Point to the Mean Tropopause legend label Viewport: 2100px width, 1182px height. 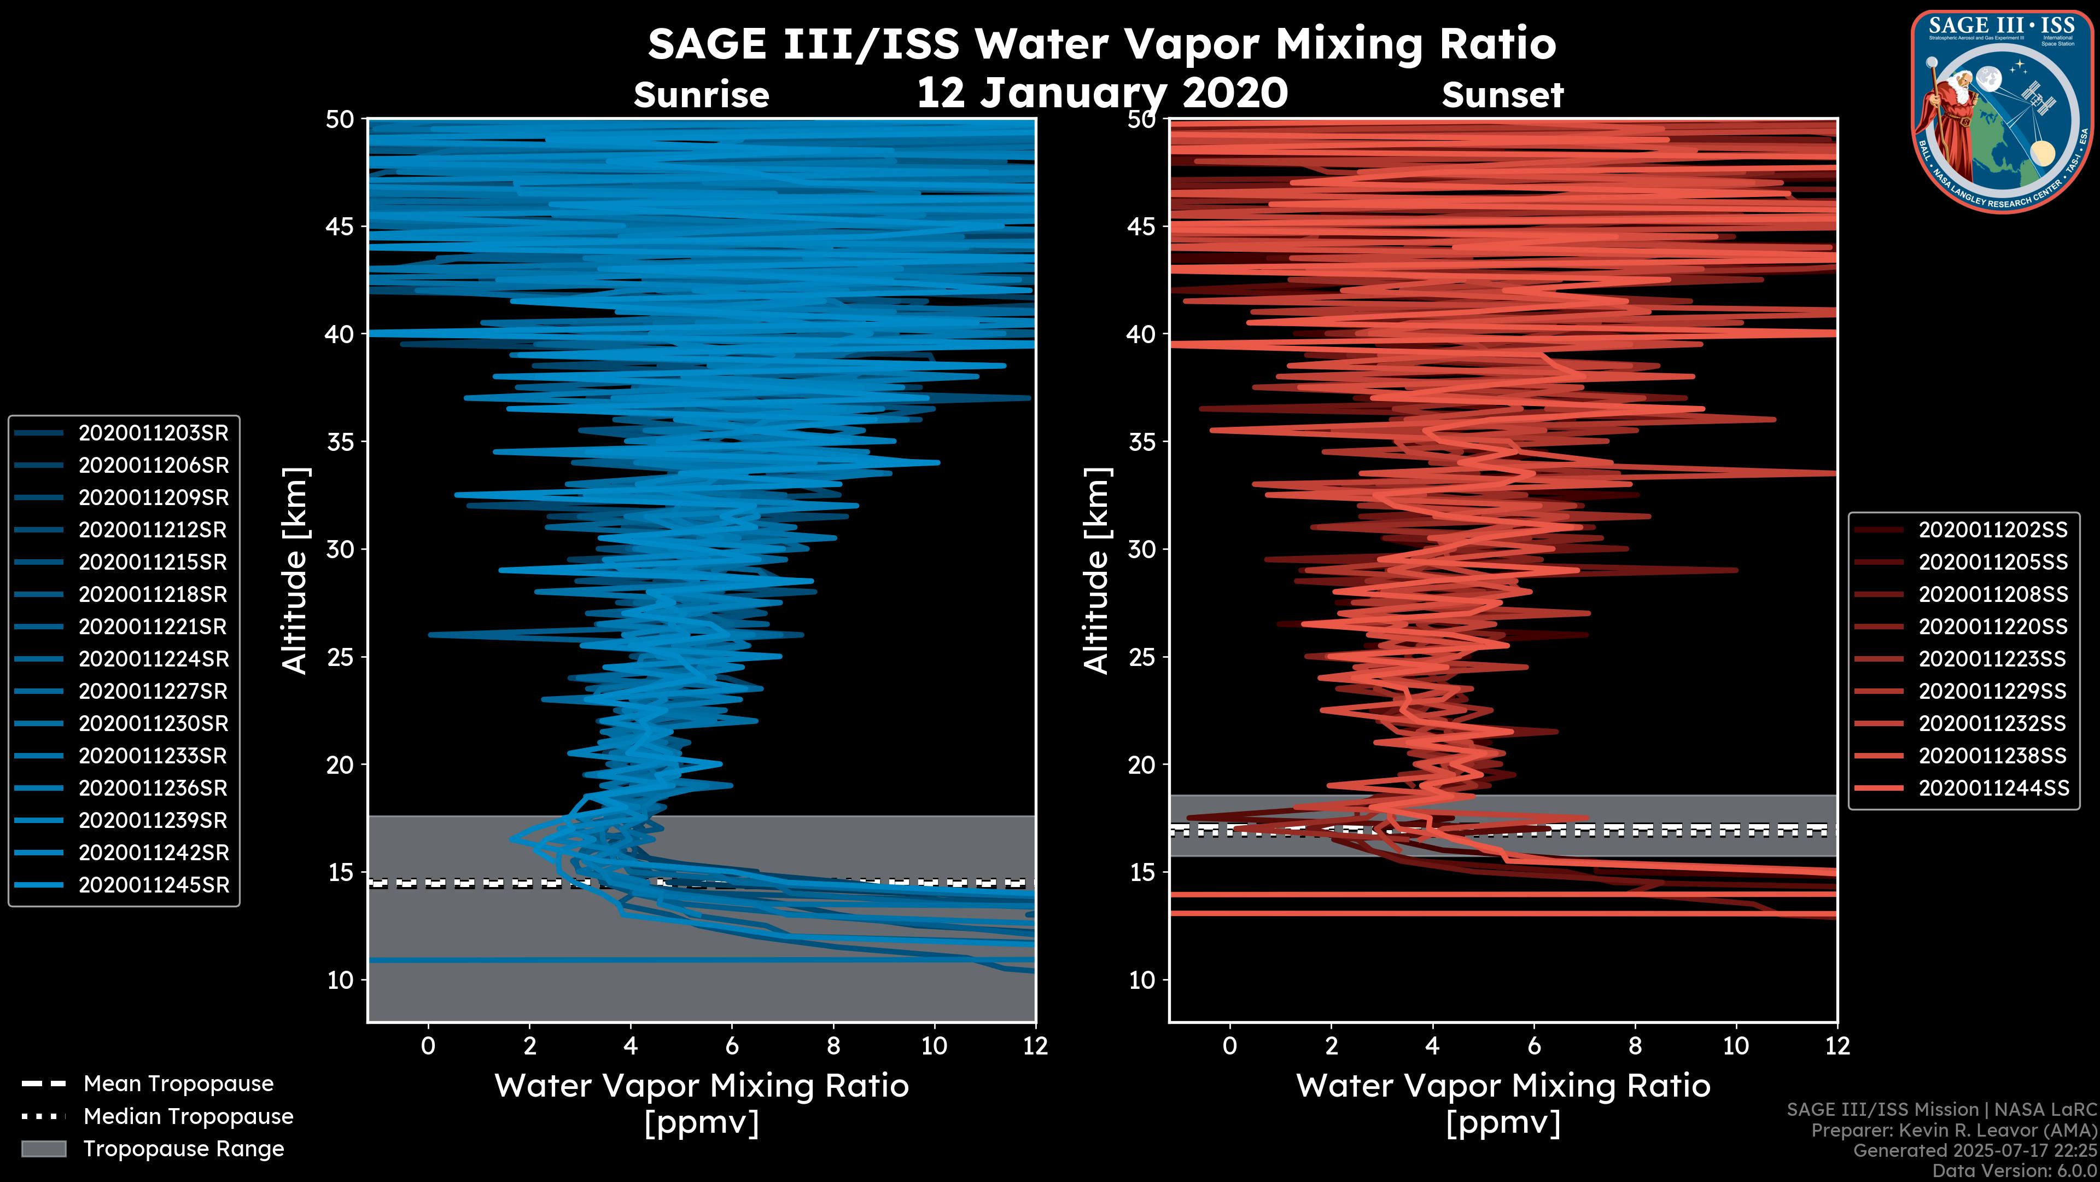[x=178, y=1084]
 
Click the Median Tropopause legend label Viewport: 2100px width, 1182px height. [x=188, y=1117]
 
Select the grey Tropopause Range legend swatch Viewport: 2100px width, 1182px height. [x=43, y=1149]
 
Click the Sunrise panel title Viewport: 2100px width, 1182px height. [x=701, y=95]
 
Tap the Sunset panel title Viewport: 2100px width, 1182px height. [x=1502, y=95]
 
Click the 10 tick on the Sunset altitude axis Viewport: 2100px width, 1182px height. [x=1142, y=980]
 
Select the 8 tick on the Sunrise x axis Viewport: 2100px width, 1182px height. [x=833, y=1046]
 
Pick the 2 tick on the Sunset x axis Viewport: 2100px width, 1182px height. [x=1331, y=1046]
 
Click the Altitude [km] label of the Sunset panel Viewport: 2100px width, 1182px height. [x=1096, y=570]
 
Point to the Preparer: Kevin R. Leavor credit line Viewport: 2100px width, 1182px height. [x=1953, y=1131]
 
